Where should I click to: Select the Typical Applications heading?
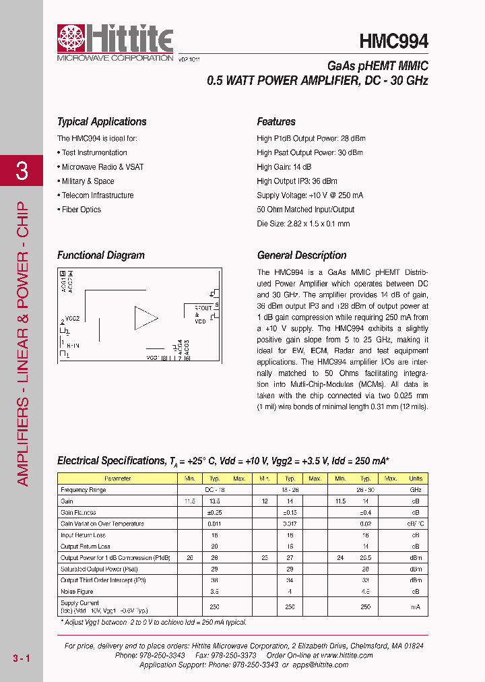[x=102, y=122]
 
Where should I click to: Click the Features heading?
[x=276, y=122]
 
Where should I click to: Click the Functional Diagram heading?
[x=101, y=255]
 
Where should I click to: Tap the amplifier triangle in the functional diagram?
[x=145, y=318]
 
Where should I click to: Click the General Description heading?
[x=302, y=255]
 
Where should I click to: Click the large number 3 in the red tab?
[x=22, y=171]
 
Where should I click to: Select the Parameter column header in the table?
[x=118, y=478]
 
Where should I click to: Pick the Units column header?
[x=416, y=478]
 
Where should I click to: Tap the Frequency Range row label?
[x=83, y=490]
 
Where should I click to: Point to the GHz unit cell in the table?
[x=416, y=490]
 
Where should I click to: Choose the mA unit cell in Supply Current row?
[x=416, y=607]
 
